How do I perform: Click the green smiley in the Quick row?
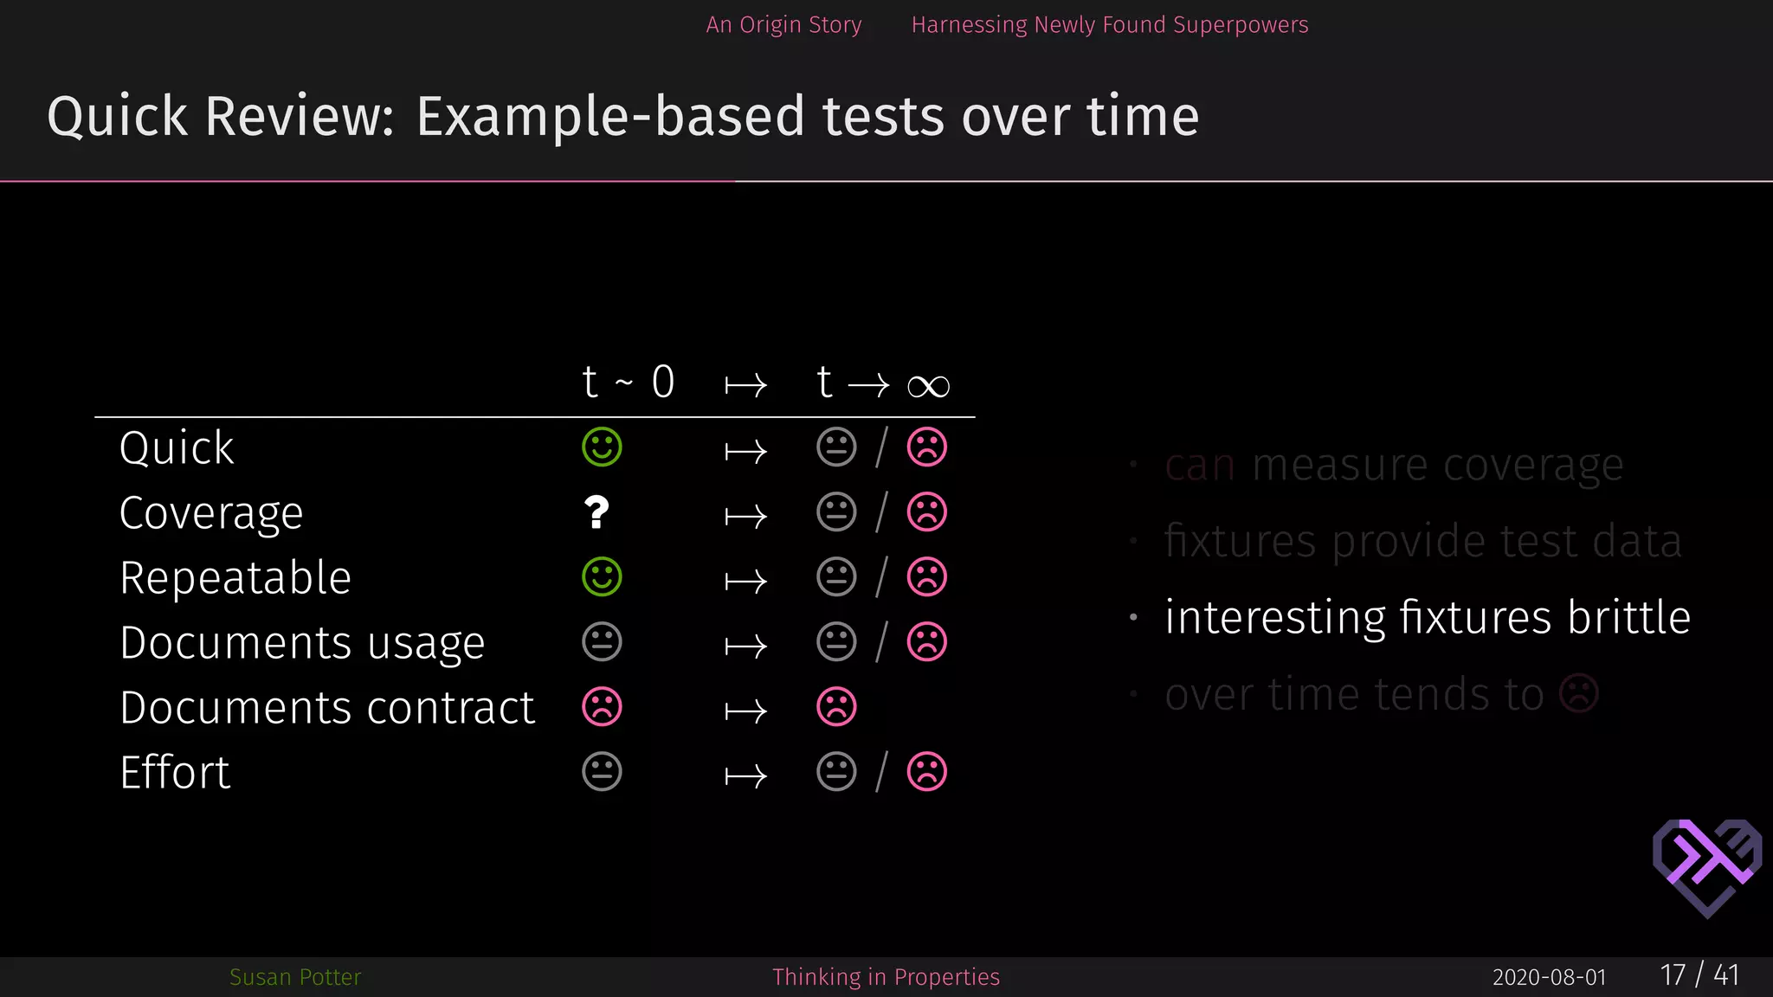[602, 447]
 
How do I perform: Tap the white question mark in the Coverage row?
[596, 512]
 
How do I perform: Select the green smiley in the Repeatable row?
[602, 577]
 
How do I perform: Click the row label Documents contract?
[327, 707]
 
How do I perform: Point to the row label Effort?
[175, 772]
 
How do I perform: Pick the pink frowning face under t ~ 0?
[602, 707]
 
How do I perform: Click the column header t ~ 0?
[628, 383]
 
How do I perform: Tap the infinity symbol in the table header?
[928, 386]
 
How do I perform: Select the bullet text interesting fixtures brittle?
[1427, 617]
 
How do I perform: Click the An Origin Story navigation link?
[783, 25]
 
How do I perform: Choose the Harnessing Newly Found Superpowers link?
[1109, 25]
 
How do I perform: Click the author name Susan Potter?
[295, 977]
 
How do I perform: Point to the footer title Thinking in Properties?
[886, 977]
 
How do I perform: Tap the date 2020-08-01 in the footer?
[1549, 977]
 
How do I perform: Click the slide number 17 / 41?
[1699, 975]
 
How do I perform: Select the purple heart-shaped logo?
[1706, 866]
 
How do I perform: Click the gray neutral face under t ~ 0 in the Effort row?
[602, 772]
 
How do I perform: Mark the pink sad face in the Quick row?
[926, 447]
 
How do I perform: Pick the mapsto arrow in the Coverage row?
[745, 517]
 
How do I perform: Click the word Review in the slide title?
[300, 117]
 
